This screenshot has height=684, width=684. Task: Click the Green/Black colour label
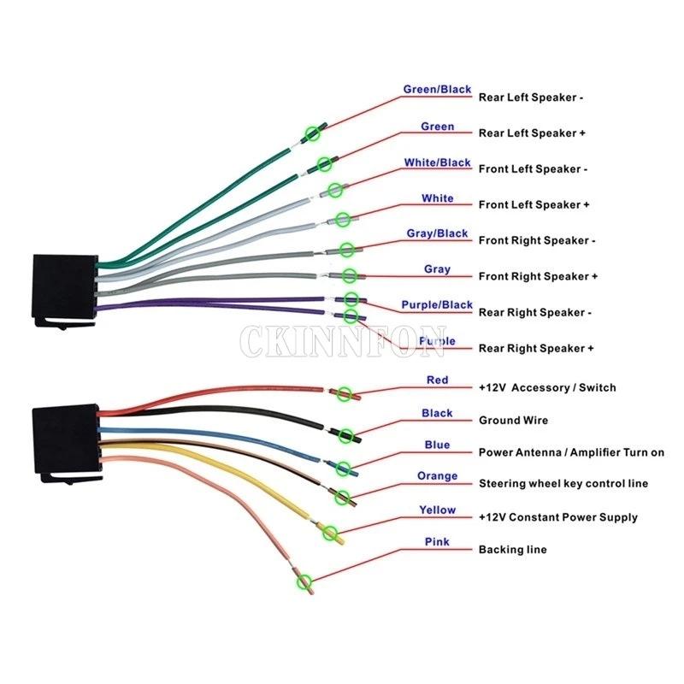(437, 90)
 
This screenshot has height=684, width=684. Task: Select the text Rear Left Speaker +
(531, 133)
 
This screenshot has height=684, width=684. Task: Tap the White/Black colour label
(437, 162)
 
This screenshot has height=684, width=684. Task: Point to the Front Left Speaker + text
(534, 205)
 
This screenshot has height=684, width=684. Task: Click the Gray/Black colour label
(437, 233)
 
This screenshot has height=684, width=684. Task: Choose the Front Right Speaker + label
(538, 277)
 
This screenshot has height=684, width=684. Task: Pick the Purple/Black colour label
(437, 305)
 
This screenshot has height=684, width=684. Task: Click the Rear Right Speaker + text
(536, 349)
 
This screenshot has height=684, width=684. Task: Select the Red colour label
(437, 380)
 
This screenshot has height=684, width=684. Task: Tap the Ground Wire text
(513, 421)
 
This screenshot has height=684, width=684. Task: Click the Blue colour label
(437, 445)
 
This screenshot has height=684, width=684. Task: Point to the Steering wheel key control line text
(563, 484)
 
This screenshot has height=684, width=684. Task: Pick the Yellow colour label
(437, 510)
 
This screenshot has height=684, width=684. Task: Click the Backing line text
(512, 550)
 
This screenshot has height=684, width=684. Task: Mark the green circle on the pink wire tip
(304, 583)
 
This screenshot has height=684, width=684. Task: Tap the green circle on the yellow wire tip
(330, 531)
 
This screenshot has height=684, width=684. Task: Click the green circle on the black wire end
(345, 435)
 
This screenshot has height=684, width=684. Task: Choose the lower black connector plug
(64, 436)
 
